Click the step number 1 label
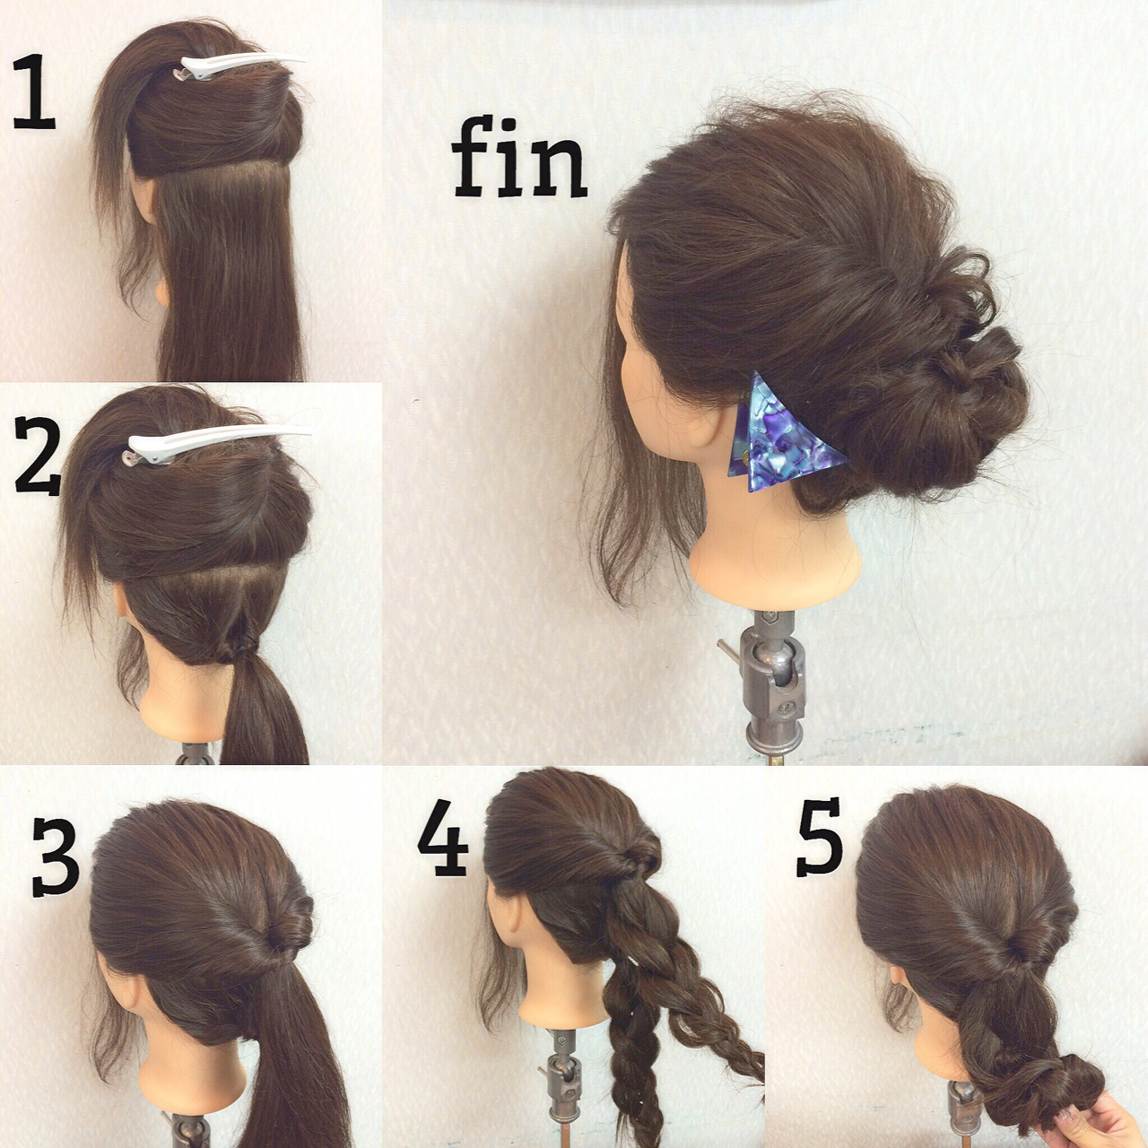pos(34,91)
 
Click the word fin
pos(519,157)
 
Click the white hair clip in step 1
pos(239,66)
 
